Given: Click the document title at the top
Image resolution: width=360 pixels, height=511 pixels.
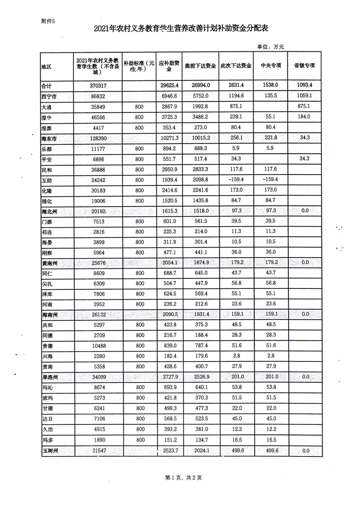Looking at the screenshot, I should [x=181, y=29].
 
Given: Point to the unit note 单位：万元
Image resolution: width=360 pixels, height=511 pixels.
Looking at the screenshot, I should [x=270, y=46].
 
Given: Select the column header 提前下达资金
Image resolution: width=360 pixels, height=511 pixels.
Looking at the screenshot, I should [x=200, y=66].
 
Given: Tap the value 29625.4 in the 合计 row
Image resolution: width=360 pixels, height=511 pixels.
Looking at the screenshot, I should [x=171, y=85].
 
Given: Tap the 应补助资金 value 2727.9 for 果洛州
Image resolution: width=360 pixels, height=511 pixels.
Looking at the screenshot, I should [x=171, y=377].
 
